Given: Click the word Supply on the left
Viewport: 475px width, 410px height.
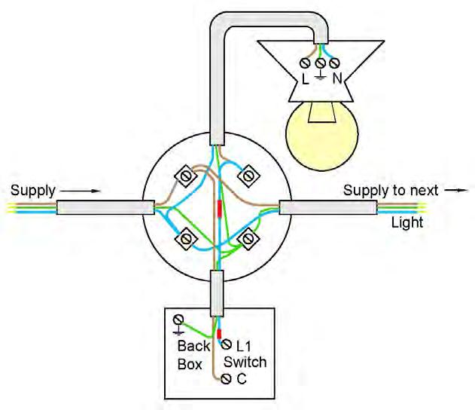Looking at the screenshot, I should tap(33, 190).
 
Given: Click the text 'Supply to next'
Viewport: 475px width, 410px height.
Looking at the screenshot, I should tap(390, 191).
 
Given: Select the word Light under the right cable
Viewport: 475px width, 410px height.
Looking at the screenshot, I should tap(406, 222).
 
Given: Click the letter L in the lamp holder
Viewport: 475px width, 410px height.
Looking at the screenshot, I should tap(304, 78).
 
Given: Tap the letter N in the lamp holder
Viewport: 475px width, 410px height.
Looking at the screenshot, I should tap(337, 78).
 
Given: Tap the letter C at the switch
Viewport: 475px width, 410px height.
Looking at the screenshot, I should tap(241, 380).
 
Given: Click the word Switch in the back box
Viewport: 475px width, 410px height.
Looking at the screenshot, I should tap(246, 363).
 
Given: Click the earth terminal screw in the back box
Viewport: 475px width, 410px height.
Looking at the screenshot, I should tap(178, 319).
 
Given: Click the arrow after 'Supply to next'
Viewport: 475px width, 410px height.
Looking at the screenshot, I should tap(452, 191).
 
